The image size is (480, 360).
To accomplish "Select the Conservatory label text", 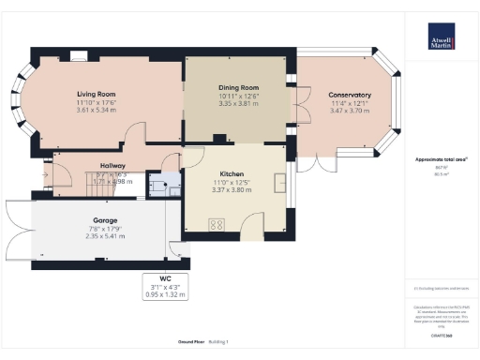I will (349, 95).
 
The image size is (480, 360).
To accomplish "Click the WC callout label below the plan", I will (165, 278).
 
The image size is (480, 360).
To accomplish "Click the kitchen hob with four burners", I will (217, 224).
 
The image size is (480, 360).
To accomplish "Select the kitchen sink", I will (279, 182).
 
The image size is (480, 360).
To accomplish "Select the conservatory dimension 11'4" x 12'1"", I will (349, 103).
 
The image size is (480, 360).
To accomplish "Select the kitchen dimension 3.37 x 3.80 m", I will (232, 190).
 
